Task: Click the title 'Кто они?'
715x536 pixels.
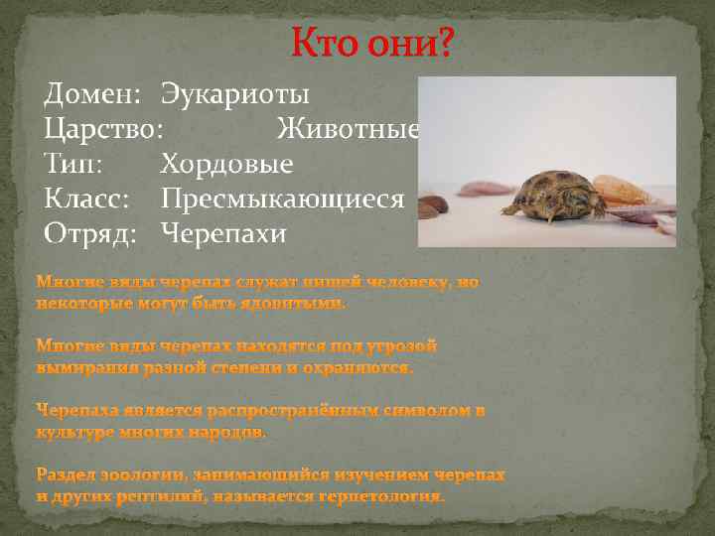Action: (370, 45)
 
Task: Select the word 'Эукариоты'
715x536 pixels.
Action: (235, 95)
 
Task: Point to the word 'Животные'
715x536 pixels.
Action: (348, 129)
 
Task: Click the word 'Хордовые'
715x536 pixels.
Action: (226, 164)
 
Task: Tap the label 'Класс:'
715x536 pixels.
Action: (86, 199)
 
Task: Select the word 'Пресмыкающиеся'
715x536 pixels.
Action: (283, 199)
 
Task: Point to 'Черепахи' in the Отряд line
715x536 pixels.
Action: (223, 233)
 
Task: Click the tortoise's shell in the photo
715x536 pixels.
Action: (556, 189)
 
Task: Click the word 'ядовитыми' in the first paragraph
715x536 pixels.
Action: (297, 304)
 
